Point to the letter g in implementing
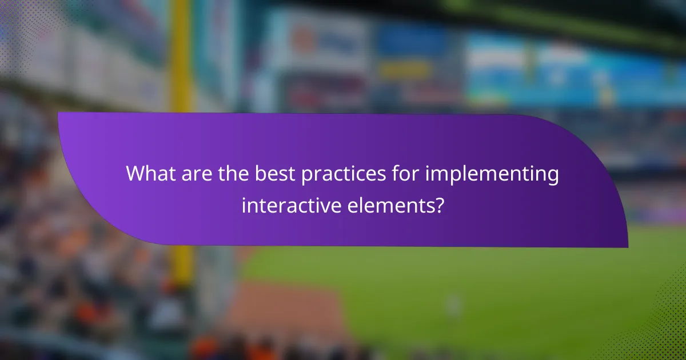552,177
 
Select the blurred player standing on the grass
454,305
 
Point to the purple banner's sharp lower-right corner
627,247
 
